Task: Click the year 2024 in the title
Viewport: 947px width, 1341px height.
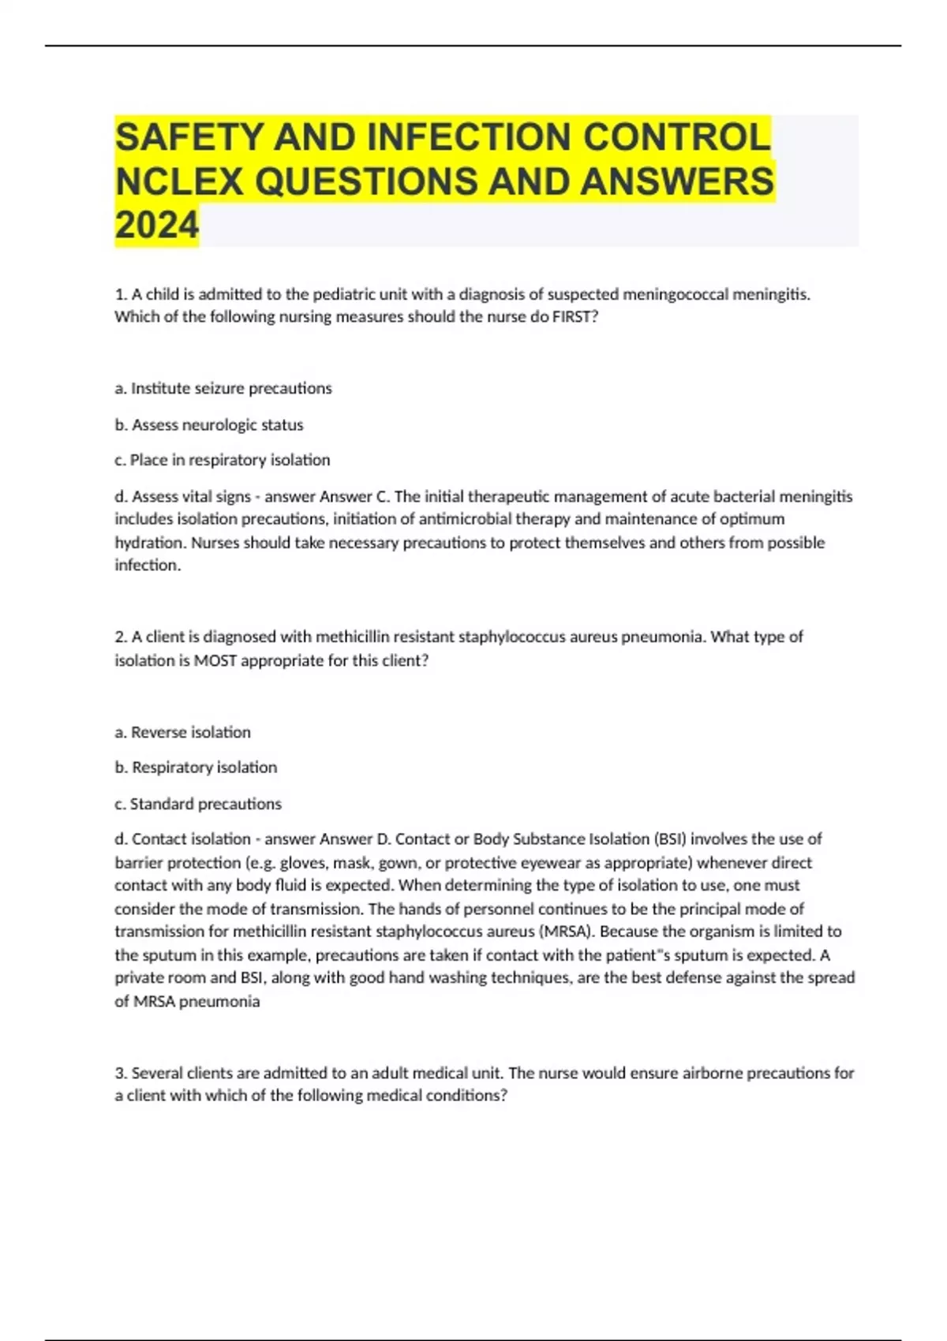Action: click(156, 225)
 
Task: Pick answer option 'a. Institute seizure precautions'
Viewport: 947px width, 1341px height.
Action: click(223, 388)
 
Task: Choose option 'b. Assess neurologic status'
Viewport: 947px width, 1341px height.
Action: click(209, 424)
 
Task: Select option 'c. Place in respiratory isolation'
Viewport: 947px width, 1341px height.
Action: click(223, 460)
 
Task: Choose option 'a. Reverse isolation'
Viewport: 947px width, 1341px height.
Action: click(183, 732)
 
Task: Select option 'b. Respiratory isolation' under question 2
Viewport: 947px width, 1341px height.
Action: click(197, 768)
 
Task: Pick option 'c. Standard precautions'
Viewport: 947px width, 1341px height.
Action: click(198, 804)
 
